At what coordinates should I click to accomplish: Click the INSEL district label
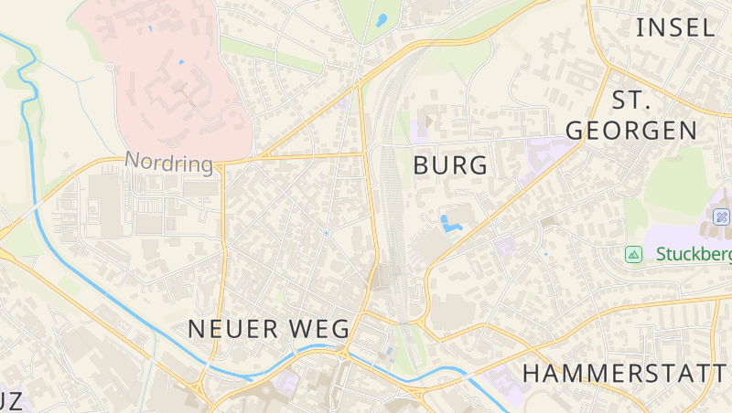click(675, 26)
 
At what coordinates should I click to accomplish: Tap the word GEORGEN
click(630, 130)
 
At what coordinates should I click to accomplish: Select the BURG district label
click(450, 165)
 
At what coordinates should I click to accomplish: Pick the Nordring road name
click(168, 163)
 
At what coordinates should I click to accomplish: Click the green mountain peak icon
click(632, 253)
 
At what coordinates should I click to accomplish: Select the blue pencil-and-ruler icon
click(721, 217)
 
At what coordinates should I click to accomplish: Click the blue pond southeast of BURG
click(449, 223)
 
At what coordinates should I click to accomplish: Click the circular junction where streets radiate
click(327, 233)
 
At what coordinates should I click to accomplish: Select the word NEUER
click(224, 329)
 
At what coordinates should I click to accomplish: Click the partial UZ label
click(15, 401)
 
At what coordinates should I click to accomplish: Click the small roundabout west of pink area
click(111, 67)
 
